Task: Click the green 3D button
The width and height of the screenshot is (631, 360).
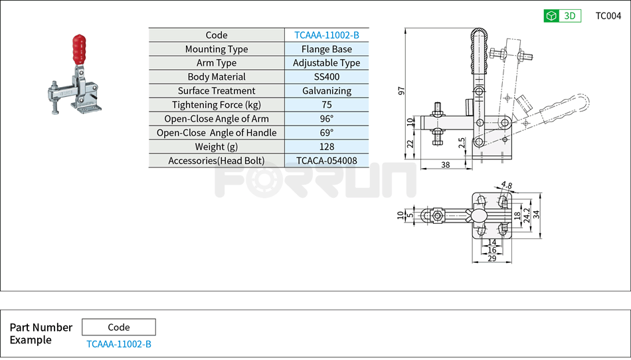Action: pos(562,16)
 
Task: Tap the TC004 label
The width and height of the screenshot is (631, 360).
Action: pos(608,16)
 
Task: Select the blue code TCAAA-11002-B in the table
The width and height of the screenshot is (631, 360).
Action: pos(326,35)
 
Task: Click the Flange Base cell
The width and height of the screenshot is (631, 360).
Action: pos(326,49)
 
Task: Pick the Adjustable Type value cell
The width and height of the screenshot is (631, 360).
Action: pos(326,63)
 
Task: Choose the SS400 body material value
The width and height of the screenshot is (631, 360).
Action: pos(326,77)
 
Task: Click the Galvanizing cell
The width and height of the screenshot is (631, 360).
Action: pos(326,91)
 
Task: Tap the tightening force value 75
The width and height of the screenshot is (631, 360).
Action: pos(326,105)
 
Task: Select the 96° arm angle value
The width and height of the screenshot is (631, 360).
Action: pos(326,119)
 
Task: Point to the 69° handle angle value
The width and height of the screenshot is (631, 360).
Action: pos(326,133)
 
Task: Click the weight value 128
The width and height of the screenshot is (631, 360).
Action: pos(326,147)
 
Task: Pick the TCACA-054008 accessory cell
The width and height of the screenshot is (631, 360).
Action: pos(326,161)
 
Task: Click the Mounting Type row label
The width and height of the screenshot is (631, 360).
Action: pos(217,49)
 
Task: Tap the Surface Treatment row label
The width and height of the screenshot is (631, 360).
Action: pos(217,91)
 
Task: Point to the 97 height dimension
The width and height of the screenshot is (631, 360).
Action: pos(401,90)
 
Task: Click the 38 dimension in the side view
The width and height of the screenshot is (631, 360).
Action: pos(445,165)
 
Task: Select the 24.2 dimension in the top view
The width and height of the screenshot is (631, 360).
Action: pos(527,214)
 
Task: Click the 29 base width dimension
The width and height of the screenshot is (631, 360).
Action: pos(492,258)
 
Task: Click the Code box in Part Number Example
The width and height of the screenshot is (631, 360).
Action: pos(119,327)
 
